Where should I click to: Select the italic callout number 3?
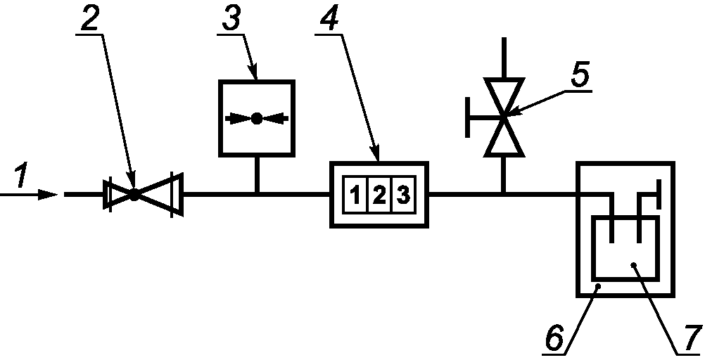231,19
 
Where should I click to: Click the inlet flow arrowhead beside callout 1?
48,195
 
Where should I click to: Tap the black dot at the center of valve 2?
134,195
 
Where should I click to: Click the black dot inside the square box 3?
256,118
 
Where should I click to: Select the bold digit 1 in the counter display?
355,195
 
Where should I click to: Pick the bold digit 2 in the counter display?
379,195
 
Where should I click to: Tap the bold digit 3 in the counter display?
403,195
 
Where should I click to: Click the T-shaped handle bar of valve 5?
468,117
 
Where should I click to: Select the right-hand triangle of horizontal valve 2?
160,195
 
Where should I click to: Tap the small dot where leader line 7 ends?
633,264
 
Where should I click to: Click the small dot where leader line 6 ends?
597,286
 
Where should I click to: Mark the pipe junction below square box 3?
256,195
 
